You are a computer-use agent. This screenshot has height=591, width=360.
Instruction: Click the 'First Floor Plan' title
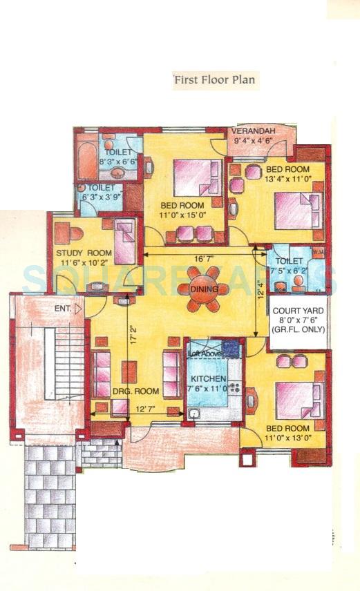pos(214,79)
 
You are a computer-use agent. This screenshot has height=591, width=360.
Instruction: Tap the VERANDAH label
pos(253,131)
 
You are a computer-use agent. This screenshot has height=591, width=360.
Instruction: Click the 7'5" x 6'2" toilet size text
pos(289,270)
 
